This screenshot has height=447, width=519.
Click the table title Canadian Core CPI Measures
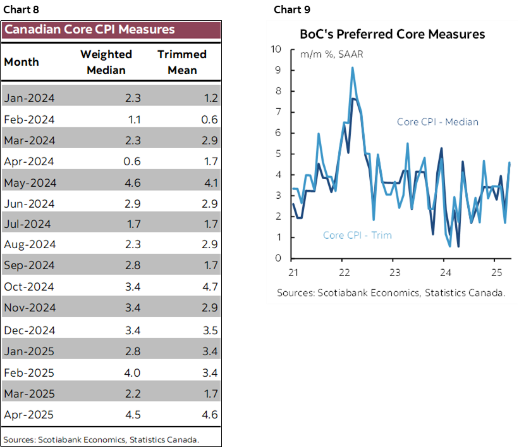89,30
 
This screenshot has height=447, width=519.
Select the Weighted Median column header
106,62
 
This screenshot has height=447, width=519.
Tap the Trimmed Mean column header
183,62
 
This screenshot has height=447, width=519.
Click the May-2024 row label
30,183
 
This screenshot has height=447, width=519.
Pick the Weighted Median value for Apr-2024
133,161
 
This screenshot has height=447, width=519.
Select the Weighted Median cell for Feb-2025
132,372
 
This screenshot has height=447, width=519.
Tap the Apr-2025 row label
29,415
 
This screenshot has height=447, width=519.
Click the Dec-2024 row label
30,330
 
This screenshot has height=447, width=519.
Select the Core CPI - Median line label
437,122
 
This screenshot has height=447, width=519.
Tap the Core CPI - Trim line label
357,235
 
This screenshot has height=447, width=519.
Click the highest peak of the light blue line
352,68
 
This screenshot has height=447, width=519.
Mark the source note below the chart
391,293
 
